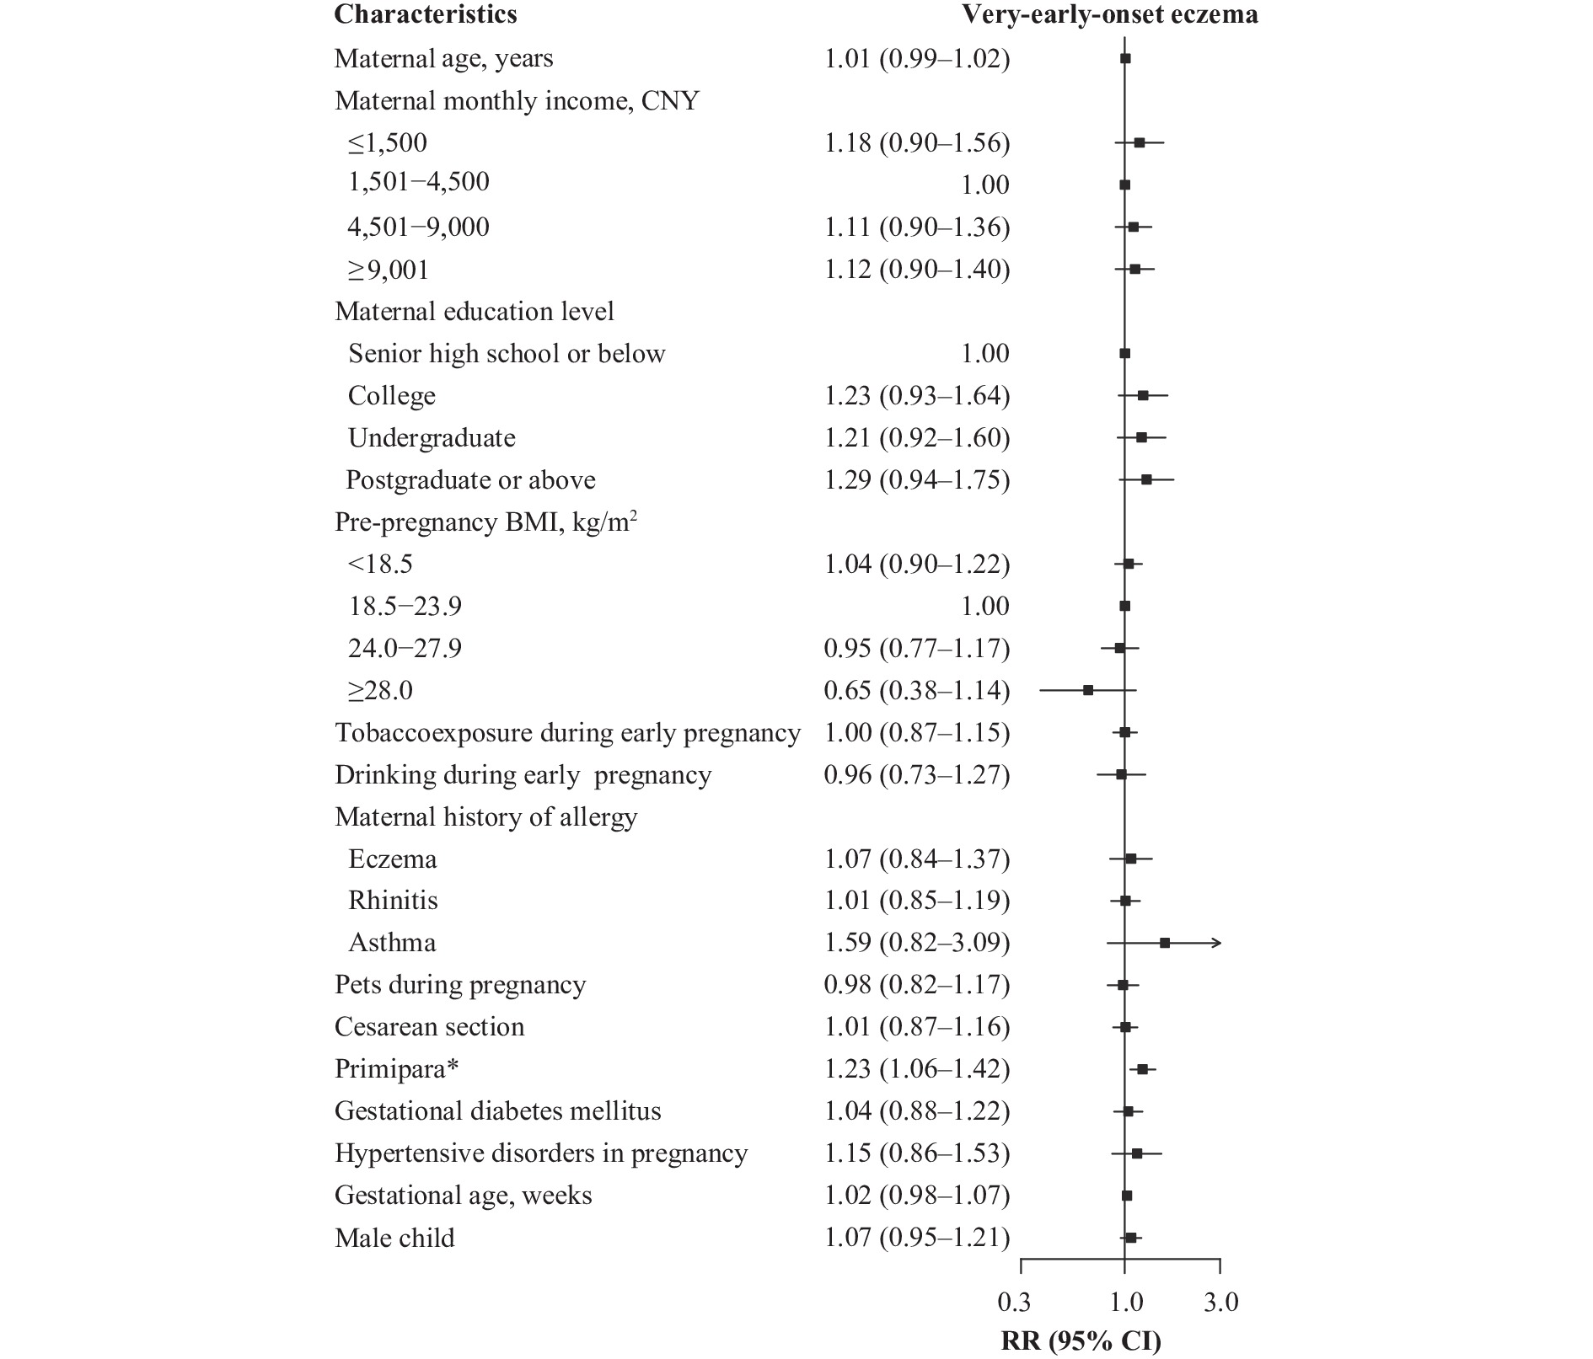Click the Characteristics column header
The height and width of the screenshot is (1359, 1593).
click(426, 14)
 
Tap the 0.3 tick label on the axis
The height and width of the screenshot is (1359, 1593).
click(1014, 1303)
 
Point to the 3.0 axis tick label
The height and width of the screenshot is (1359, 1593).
click(1221, 1303)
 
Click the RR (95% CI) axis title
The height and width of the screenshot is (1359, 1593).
click(1081, 1340)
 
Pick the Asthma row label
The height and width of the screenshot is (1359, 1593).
click(392, 942)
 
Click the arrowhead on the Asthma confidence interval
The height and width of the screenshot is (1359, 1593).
click(1217, 943)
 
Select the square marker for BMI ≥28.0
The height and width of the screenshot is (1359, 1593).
click(1088, 690)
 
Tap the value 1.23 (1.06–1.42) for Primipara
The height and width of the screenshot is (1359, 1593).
click(917, 1069)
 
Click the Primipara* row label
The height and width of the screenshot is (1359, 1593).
click(397, 1069)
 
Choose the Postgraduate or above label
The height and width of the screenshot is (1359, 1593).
click(470, 480)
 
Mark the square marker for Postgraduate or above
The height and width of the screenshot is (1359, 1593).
click(1146, 479)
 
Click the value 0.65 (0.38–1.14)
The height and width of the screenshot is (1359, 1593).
click(917, 691)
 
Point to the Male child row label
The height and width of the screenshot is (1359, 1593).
click(394, 1238)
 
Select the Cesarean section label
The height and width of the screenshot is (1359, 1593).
click(429, 1027)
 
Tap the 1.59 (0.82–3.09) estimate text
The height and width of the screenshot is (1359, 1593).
click(917, 943)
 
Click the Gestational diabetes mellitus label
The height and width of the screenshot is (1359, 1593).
click(497, 1111)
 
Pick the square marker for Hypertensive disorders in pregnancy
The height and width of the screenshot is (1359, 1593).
click(1137, 1153)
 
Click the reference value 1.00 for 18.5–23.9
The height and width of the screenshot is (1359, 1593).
click(985, 607)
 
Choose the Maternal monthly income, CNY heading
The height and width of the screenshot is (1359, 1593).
click(517, 101)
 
